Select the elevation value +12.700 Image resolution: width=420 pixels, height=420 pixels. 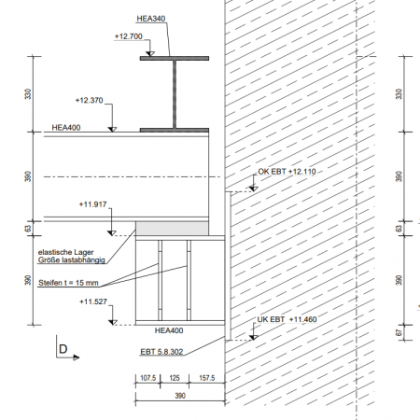128,36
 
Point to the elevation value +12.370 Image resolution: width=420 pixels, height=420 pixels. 91,100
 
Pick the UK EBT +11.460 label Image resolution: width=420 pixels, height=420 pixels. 286,319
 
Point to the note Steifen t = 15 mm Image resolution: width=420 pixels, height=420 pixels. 69,283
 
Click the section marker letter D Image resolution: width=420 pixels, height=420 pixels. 63,349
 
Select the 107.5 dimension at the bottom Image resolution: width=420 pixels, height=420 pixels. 147,379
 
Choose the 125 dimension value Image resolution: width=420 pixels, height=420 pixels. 173,379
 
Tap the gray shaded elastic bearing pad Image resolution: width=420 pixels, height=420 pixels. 172,229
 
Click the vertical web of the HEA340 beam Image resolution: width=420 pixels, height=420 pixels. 174,94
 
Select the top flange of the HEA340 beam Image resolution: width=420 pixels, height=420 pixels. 174,59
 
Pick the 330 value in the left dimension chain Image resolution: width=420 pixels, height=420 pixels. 28,94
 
